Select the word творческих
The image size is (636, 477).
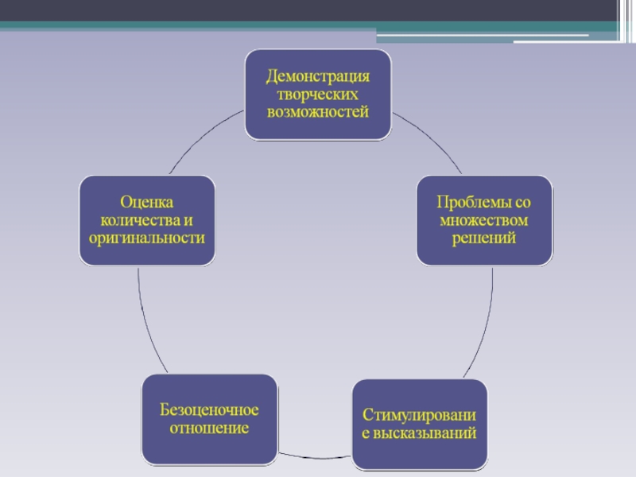[x=318, y=94]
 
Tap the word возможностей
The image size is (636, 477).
[x=318, y=111]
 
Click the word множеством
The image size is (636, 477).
[x=484, y=219]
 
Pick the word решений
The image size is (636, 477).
[x=484, y=237]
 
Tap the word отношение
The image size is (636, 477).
[x=210, y=428]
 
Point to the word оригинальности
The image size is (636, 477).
[x=147, y=237]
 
